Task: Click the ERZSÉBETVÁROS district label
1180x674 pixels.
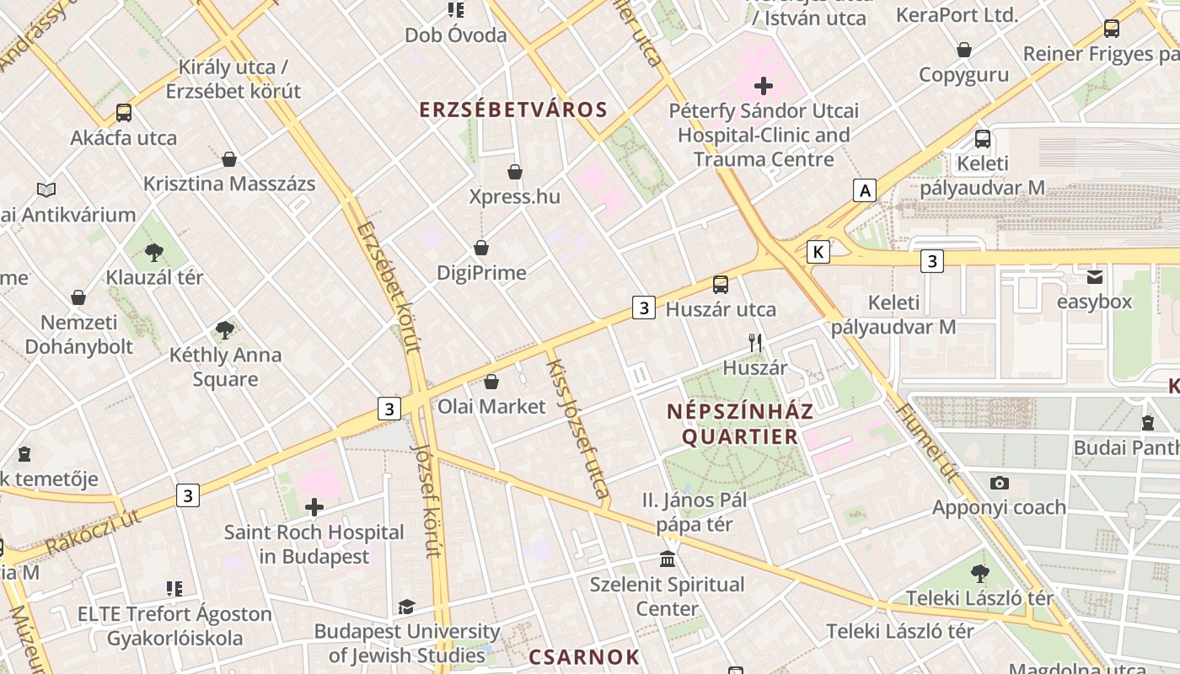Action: (x=513, y=110)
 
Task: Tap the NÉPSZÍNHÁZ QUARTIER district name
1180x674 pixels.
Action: (x=740, y=424)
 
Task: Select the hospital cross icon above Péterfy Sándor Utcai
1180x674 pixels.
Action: (x=764, y=86)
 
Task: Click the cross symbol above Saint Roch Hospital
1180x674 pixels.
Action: (x=314, y=507)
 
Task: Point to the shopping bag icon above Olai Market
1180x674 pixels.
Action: (x=491, y=382)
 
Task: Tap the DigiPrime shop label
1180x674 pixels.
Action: (x=481, y=273)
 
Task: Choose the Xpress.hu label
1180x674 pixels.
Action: (x=514, y=197)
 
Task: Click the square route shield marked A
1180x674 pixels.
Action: (x=864, y=191)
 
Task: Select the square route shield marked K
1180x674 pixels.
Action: (x=818, y=252)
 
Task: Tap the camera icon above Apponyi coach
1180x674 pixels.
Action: (x=999, y=483)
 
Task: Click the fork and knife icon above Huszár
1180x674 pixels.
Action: (x=755, y=342)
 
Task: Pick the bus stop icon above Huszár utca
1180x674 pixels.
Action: (x=721, y=285)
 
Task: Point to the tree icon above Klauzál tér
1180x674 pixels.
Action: (x=153, y=252)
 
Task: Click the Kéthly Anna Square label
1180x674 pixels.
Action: (x=225, y=366)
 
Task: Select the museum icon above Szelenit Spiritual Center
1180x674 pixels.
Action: (x=668, y=559)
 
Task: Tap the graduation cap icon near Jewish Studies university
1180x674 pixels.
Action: (x=406, y=607)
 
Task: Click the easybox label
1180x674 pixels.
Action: (x=1094, y=302)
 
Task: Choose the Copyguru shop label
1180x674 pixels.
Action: (x=963, y=74)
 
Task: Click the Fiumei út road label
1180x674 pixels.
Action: (x=928, y=443)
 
